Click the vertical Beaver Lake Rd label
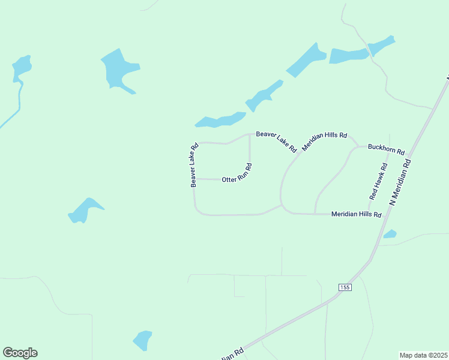click(194, 164)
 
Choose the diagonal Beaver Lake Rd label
click(277, 140)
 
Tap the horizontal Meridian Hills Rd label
click(356, 214)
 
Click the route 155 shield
click(345, 287)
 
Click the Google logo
click(20, 353)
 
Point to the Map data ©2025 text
click(423, 355)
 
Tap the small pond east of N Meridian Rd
click(390, 234)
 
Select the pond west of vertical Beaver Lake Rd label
click(85, 211)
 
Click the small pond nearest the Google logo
click(142, 340)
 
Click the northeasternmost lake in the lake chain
click(381, 45)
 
